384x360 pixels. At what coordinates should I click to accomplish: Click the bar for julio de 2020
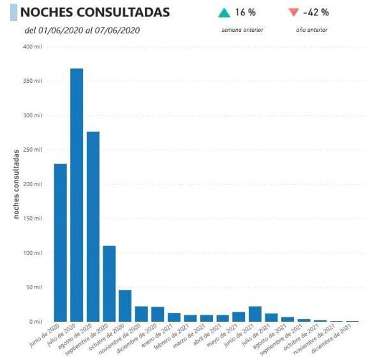(77, 195)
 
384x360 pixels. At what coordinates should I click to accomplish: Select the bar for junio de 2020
(61, 243)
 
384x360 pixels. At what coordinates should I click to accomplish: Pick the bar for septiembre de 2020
(109, 284)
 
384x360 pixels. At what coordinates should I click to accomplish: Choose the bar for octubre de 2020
(125, 306)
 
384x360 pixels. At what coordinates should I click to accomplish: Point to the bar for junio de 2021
(255, 314)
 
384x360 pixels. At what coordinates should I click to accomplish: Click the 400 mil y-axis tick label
(33, 47)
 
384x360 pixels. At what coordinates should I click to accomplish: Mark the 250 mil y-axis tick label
(33, 150)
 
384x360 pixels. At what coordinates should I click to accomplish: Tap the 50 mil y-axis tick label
(35, 287)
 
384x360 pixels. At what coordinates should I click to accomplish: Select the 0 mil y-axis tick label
(37, 322)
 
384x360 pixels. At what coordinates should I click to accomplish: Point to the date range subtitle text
(82, 30)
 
